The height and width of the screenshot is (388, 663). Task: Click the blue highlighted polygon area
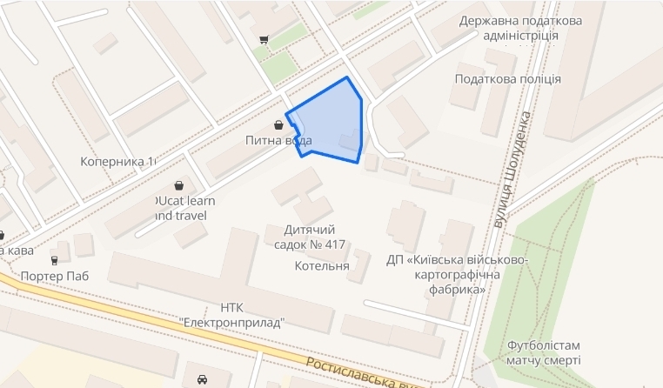coord(329,122)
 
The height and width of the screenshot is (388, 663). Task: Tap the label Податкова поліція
coord(507,79)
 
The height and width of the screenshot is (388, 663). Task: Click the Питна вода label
coord(278,140)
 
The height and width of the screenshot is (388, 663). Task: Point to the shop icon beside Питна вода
coord(278,124)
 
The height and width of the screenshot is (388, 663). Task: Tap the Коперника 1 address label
coord(117,162)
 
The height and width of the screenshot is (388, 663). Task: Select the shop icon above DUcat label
coord(179,186)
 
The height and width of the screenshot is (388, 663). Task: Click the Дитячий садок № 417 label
coord(310,237)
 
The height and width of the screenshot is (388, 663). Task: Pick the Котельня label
coord(322,266)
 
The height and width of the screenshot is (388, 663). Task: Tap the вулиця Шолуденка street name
coord(512,174)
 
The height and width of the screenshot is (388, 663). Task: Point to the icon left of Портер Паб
coord(55,259)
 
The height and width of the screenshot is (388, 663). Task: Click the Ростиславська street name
coord(360,372)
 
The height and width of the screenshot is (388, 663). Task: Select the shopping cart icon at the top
coord(263,39)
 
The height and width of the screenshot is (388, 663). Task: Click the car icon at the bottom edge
coord(202,380)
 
